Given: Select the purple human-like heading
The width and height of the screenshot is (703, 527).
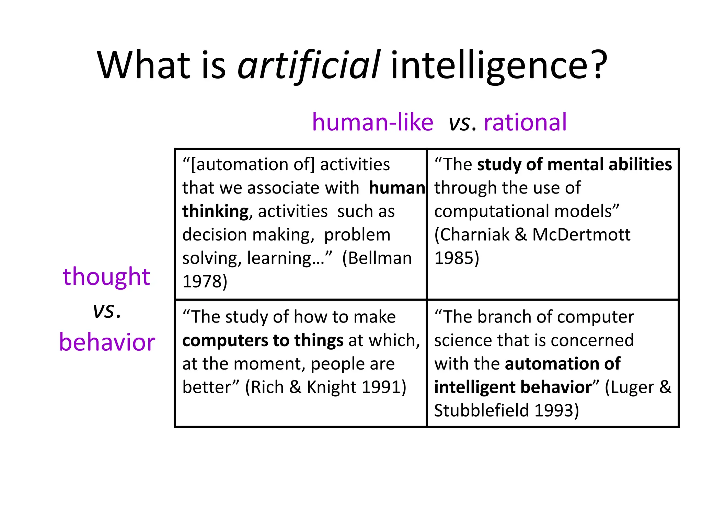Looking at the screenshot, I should tap(372, 122).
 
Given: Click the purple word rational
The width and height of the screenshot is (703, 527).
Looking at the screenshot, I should tap(525, 122).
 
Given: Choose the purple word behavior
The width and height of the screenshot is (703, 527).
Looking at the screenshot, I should tap(107, 342).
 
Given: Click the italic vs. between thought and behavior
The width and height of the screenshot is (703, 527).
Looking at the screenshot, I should tap(107, 311).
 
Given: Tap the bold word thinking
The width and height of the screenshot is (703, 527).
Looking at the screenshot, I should tap(215, 211).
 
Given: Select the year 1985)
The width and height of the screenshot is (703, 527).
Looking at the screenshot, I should tap(457, 258).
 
